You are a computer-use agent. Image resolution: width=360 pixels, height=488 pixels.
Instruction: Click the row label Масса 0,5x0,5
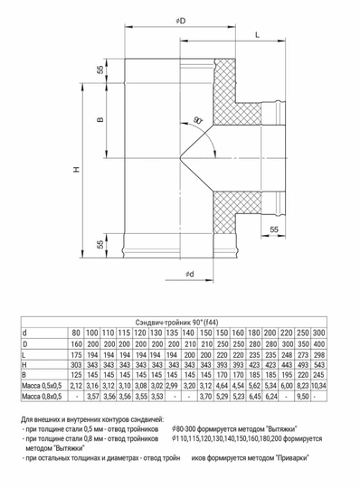point(42,386)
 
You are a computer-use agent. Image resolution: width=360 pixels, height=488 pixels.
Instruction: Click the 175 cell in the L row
point(76,354)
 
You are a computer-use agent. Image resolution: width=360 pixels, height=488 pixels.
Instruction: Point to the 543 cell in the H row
point(318,364)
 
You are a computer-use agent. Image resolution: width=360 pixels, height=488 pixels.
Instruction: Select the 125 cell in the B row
point(76,375)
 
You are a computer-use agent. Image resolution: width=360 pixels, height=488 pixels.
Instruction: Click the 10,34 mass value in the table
point(318,386)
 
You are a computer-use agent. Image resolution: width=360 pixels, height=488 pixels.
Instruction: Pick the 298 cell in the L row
point(318,354)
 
